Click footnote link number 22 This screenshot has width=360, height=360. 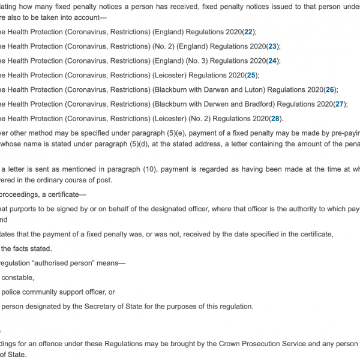[248, 32]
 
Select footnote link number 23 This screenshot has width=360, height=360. [273, 46]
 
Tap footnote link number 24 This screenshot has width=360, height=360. [273, 61]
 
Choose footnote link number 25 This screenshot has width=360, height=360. [251, 75]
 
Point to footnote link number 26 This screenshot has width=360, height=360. [329, 89]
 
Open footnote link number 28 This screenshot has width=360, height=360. [275, 118]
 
